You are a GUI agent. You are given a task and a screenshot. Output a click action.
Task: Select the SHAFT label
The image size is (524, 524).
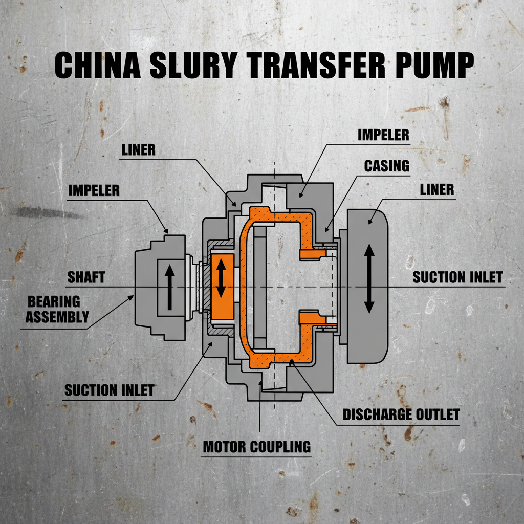click(86, 277)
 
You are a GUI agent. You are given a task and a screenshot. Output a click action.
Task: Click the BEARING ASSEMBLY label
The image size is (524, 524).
click(57, 309)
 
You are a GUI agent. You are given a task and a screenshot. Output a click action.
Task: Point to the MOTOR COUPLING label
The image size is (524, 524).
click(257, 446)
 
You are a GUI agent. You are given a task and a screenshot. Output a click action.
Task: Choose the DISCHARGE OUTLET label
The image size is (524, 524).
click(401, 413)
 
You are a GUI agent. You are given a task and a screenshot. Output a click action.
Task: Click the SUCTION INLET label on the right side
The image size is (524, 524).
click(457, 277)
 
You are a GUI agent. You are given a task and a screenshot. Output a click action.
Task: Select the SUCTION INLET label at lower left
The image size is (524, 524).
click(109, 390)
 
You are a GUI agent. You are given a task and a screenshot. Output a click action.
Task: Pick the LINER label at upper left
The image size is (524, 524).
click(138, 150)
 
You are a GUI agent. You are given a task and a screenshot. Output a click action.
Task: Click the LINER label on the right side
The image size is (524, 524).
click(436, 189)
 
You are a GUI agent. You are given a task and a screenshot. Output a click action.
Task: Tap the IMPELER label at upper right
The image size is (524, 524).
click(383, 135)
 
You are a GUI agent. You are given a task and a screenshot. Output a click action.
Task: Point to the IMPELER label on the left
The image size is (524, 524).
click(94, 191)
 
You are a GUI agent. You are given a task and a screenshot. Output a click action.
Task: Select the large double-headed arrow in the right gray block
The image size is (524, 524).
click(369, 278)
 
